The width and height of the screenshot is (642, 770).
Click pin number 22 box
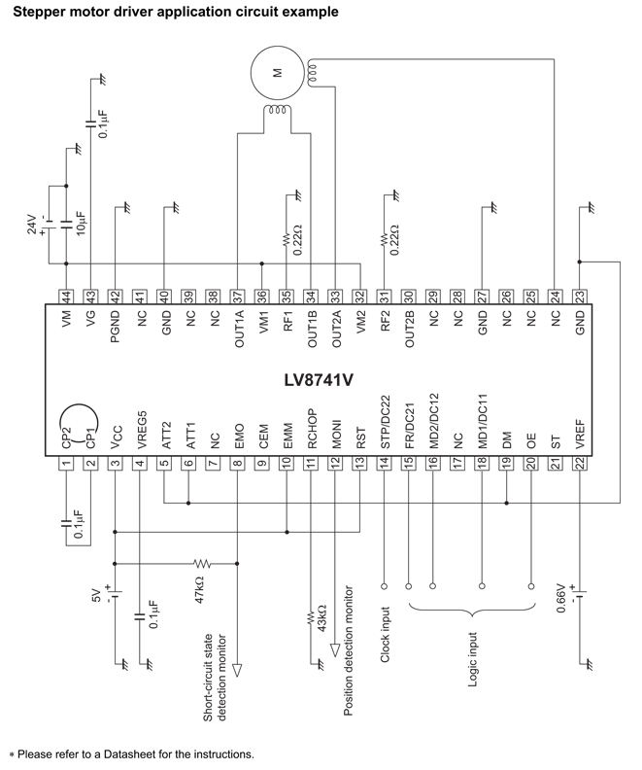(x=579, y=465)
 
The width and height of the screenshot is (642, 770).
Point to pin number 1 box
(x=66, y=465)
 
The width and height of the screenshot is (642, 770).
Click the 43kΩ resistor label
(x=321, y=619)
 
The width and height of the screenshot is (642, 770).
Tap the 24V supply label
(x=30, y=227)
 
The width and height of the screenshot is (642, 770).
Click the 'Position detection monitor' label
(x=348, y=650)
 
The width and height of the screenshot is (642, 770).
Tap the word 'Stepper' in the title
(x=35, y=12)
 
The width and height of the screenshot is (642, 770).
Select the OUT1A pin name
(x=238, y=332)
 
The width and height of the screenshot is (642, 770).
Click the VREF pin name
(x=579, y=431)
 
